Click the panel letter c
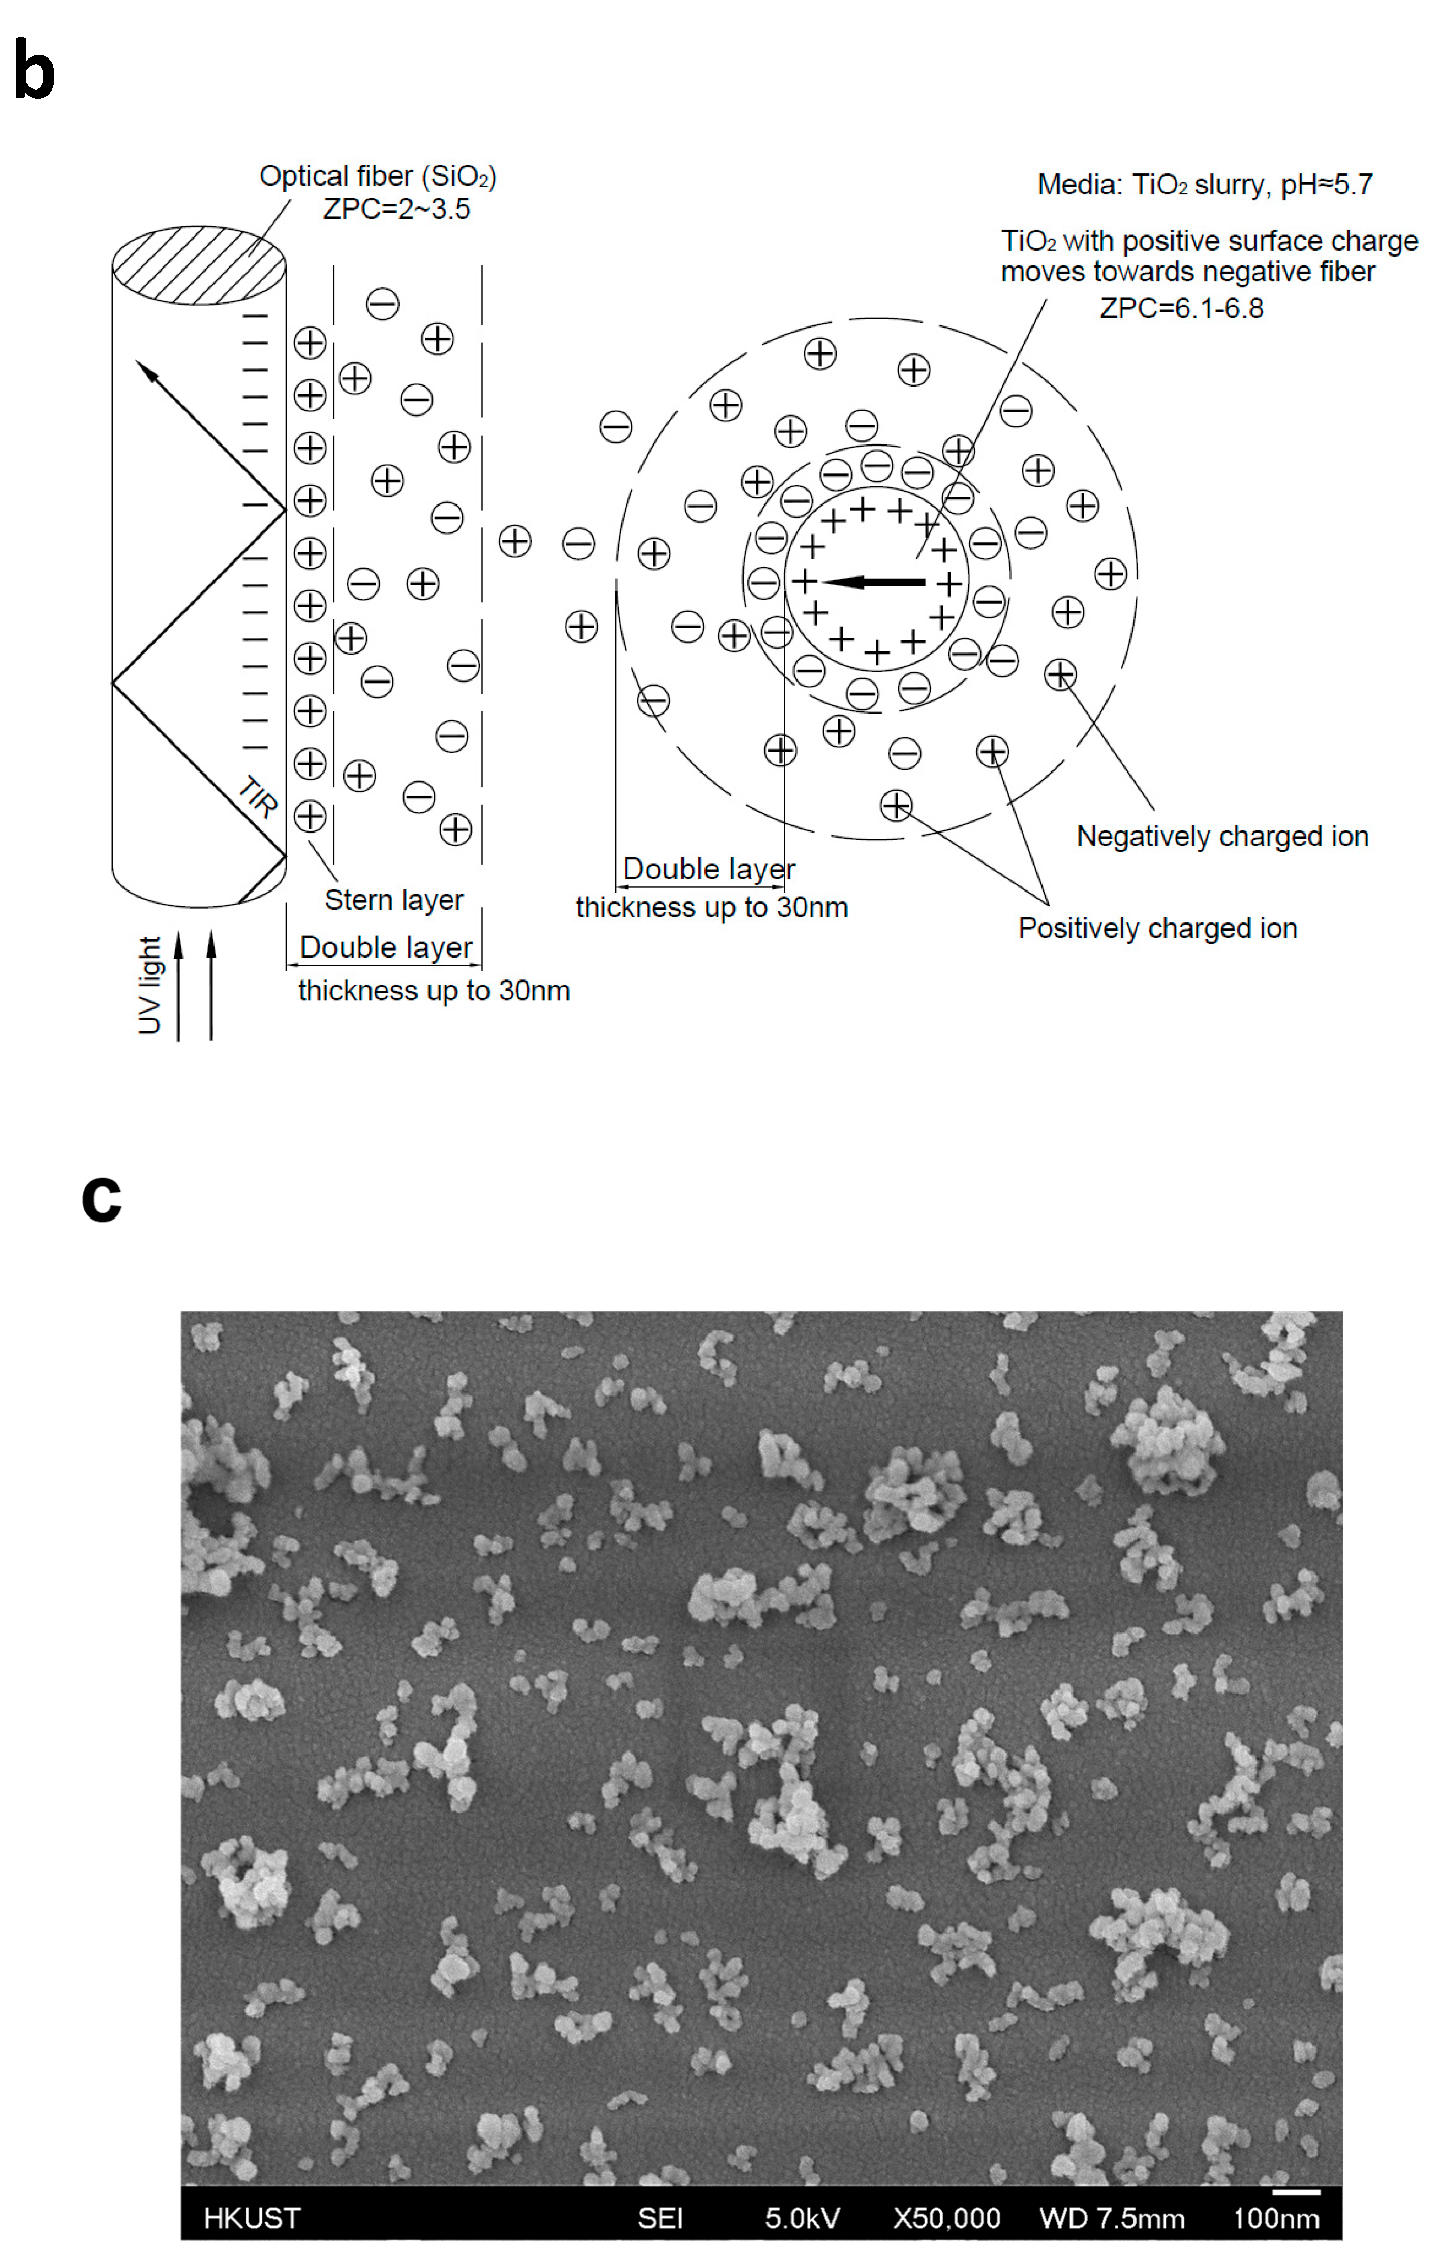pos(101,1199)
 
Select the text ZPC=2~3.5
pos(396,209)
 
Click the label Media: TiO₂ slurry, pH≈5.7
pos(1204,185)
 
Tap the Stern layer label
pos(393,900)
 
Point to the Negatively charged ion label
pos(1222,836)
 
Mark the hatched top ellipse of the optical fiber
pos(199,265)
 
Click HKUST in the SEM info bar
pos(252,2218)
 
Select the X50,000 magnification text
pos(946,2218)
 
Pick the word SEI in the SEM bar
pos(660,2218)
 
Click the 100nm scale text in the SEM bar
pos(1276,2218)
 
